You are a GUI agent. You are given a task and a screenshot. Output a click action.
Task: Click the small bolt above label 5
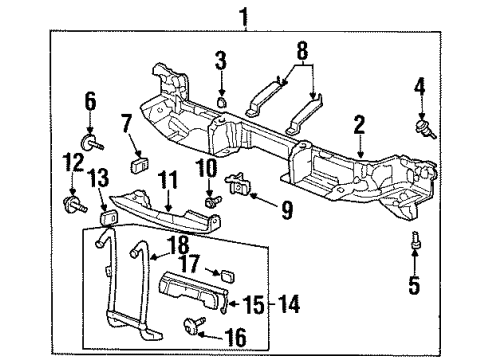[415, 242]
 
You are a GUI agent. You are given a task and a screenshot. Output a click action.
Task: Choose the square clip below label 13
[104, 220]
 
